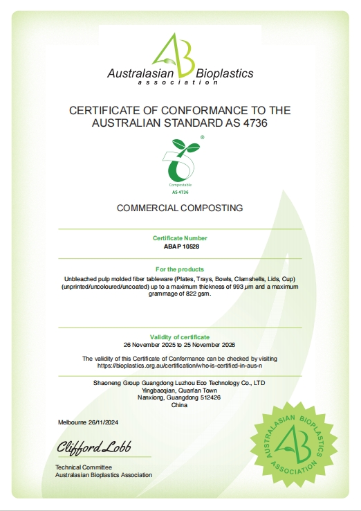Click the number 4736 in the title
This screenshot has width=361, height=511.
point(254,123)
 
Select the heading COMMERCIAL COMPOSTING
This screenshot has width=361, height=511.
point(180,208)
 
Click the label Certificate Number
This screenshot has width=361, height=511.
point(180,238)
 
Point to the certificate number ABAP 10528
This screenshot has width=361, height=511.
point(180,246)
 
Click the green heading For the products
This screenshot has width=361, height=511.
point(180,269)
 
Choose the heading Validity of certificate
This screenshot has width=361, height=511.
point(180,337)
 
